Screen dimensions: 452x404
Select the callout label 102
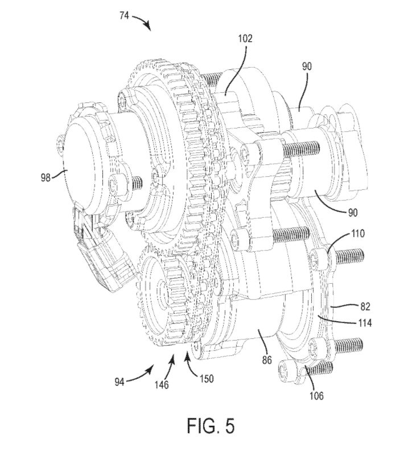pos(246,39)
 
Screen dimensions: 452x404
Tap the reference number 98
pos(44,177)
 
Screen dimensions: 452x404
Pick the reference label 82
pos(365,306)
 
